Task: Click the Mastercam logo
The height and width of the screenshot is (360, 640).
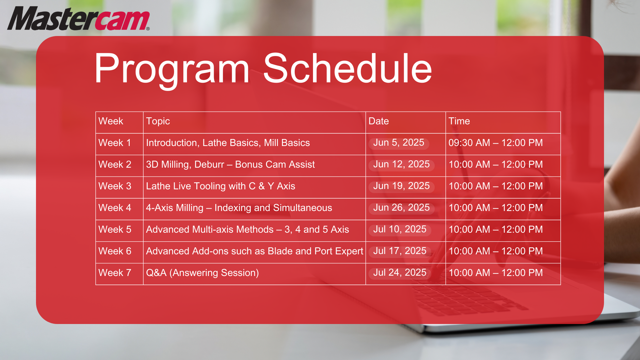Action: point(79,19)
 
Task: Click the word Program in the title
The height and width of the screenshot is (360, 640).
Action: point(172,69)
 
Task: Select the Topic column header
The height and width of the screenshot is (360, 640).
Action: point(158,121)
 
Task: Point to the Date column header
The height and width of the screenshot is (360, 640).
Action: point(379,121)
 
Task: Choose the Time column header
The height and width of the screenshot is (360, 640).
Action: point(459,121)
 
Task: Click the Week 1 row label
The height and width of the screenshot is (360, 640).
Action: point(115,143)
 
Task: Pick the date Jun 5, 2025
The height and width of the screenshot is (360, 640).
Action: point(399,143)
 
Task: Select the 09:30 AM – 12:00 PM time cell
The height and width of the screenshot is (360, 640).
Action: point(496,143)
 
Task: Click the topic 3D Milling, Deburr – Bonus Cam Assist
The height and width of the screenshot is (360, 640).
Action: point(230,164)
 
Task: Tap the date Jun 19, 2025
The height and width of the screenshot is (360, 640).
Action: point(401,186)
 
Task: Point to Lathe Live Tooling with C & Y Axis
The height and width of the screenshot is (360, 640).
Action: point(221,186)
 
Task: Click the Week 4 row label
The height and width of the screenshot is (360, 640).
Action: point(115,208)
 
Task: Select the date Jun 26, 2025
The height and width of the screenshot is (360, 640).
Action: point(401,208)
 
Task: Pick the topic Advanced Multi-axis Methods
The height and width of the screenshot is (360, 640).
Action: point(210,229)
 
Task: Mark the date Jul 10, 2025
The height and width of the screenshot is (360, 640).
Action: point(400,229)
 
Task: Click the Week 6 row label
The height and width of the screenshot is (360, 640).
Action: point(115,251)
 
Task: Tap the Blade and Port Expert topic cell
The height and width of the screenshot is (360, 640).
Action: point(255,251)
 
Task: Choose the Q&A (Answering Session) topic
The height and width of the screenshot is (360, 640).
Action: point(202,273)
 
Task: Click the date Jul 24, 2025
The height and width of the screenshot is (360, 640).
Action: point(400,273)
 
